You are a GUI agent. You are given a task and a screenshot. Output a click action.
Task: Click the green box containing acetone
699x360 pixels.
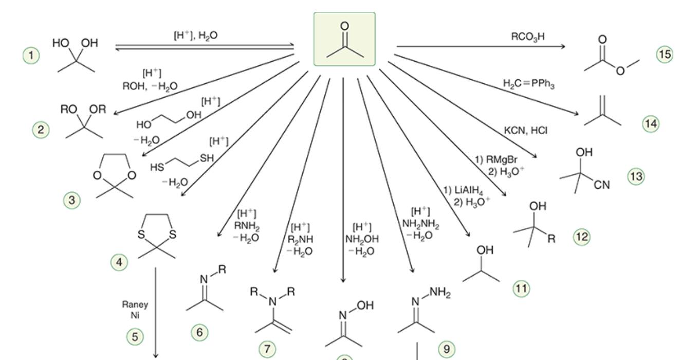(x=344, y=39)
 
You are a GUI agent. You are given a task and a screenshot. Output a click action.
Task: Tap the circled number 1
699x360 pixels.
(x=31, y=56)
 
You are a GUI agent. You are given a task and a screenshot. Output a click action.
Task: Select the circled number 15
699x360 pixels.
(x=665, y=55)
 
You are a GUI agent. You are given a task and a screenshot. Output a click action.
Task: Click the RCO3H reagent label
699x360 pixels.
(x=528, y=37)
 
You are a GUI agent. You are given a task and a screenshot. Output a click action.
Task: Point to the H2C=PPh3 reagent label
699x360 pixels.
(x=528, y=84)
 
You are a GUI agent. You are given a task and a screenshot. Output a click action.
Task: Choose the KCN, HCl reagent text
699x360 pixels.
(x=526, y=130)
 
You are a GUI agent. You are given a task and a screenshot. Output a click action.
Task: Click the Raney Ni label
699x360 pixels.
(x=135, y=310)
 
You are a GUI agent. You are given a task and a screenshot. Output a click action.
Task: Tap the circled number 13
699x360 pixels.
(x=636, y=177)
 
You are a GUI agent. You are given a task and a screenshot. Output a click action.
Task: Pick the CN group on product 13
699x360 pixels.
(x=602, y=185)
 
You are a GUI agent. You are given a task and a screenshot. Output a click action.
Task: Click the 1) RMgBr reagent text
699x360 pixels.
(x=496, y=160)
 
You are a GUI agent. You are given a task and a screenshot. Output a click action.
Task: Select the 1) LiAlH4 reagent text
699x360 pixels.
(x=464, y=190)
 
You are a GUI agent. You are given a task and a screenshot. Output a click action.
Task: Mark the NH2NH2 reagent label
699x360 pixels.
(x=420, y=224)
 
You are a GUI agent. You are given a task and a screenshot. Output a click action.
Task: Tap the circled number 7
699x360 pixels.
(x=267, y=349)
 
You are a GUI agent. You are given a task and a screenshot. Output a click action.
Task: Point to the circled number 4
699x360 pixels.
(x=119, y=262)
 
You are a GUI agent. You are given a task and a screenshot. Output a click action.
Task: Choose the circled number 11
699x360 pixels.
(x=522, y=289)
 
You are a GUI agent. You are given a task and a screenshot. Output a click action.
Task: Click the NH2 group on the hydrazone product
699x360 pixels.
(x=440, y=293)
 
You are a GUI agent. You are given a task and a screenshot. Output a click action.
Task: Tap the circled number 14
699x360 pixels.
(x=651, y=124)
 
